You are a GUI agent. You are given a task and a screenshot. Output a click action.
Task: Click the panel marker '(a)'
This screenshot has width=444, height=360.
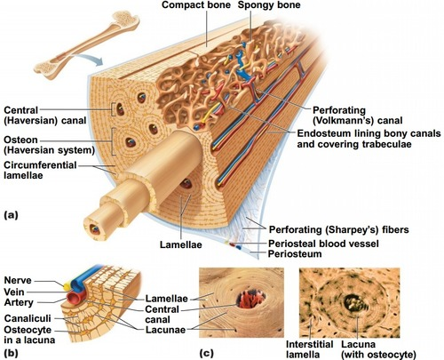[x=12, y=214]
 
